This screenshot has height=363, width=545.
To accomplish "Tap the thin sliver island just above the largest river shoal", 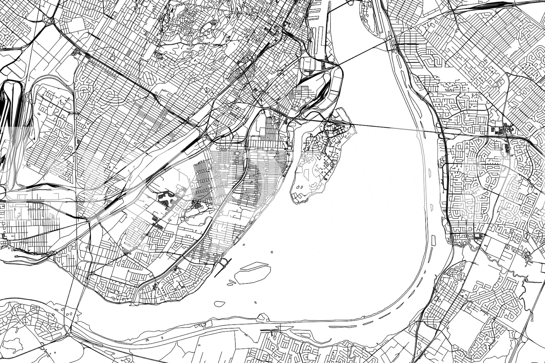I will [x=255, y=266].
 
